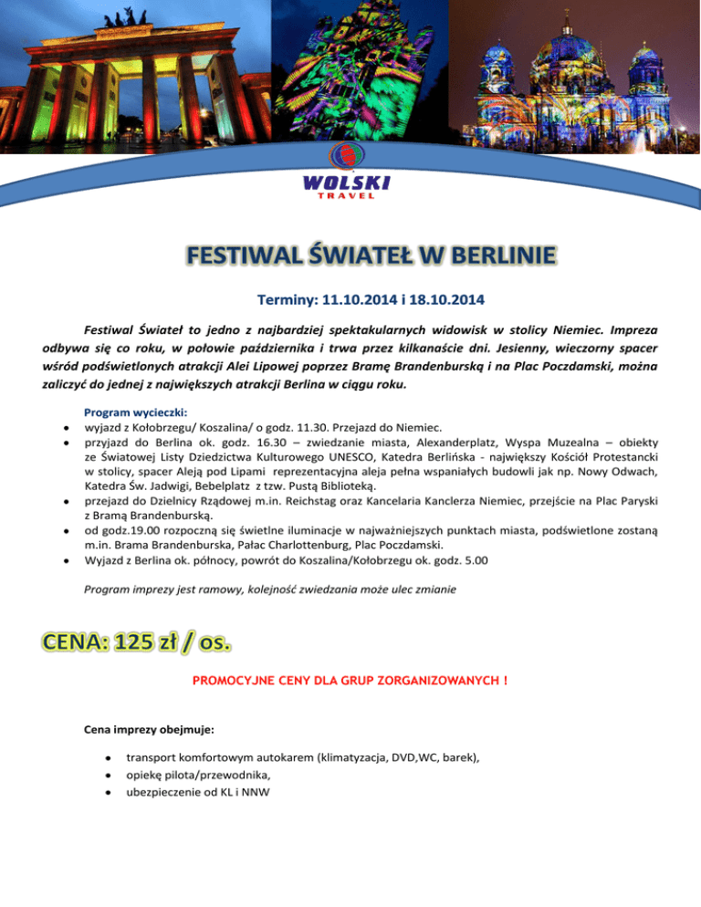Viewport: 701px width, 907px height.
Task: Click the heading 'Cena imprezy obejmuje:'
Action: [x=152, y=731]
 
